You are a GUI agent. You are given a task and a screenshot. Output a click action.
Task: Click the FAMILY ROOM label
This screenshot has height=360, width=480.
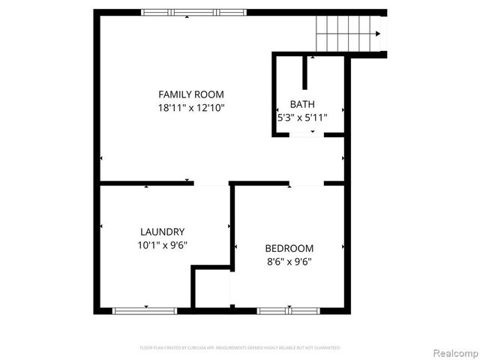click(x=190, y=94)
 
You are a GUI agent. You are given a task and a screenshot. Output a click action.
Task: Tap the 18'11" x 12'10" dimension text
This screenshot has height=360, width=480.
click(x=190, y=108)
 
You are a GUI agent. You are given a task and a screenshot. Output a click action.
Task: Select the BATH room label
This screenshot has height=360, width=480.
click(x=302, y=105)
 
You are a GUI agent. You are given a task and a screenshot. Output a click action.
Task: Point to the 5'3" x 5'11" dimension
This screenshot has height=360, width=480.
click(x=302, y=118)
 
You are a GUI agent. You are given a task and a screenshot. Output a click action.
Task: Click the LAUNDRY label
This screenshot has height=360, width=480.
click(x=162, y=232)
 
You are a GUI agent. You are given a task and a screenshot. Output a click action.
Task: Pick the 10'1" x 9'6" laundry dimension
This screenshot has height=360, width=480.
click(x=162, y=244)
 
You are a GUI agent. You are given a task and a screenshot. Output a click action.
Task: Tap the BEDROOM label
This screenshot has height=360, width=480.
click(x=289, y=248)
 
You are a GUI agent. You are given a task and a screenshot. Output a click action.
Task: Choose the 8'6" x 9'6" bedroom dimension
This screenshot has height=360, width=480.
click(x=289, y=262)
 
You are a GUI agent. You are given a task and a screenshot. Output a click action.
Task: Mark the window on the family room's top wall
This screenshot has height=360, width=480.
click(x=193, y=12)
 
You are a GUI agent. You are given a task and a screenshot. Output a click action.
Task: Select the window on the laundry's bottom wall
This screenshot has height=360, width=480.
click(x=145, y=310)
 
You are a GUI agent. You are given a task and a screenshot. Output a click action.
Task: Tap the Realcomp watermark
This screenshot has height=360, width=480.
click(x=452, y=352)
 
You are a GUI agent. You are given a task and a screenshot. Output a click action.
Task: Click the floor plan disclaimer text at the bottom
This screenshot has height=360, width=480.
click(x=240, y=348)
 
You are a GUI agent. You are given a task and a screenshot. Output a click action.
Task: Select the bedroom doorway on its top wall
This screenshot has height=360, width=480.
click(x=306, y=182)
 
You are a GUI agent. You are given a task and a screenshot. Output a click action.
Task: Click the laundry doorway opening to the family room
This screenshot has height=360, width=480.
click(x=211, y=182)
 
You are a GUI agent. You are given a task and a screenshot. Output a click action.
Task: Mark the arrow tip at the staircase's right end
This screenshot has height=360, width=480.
click(x=376, y=34)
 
